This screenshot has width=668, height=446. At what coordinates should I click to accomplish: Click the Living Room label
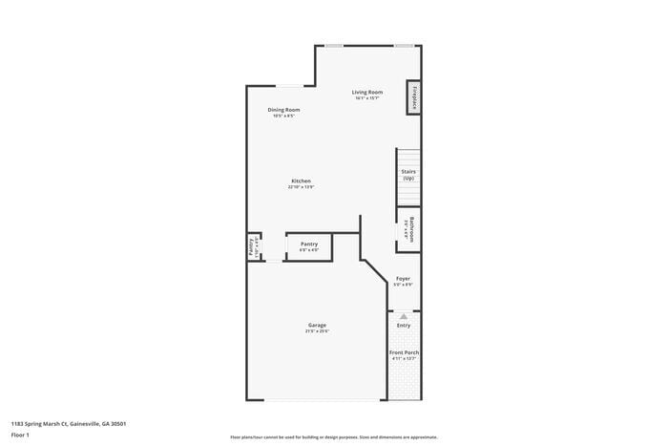point(367,92)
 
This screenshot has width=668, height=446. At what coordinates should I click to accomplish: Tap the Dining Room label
point(283,110)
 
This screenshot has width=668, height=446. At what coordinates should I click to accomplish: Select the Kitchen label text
point(302,181)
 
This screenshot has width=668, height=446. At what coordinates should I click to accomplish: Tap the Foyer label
point(403,278)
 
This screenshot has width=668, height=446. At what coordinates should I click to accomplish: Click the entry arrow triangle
point(404,316)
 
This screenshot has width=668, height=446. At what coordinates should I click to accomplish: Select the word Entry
point(404,326)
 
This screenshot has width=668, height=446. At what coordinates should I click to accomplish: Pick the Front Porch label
point(404,352)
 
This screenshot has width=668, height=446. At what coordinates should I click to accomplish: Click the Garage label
point(317,325)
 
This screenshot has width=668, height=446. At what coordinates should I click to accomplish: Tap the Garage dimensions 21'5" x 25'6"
point(317,331)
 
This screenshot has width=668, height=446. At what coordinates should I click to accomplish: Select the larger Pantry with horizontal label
point(308,245)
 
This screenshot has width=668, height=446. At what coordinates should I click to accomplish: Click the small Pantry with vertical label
point(254,246)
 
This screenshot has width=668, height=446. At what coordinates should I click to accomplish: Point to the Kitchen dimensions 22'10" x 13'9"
point(302,187)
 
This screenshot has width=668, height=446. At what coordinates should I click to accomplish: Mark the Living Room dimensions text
point(367,97)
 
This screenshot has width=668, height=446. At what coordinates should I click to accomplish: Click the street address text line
point(69,423)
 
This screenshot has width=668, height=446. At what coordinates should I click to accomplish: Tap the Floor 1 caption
point(21,435)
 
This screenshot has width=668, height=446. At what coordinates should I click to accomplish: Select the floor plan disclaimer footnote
point(333,436)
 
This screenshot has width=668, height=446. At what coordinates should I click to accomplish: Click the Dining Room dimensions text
point(283,116)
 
